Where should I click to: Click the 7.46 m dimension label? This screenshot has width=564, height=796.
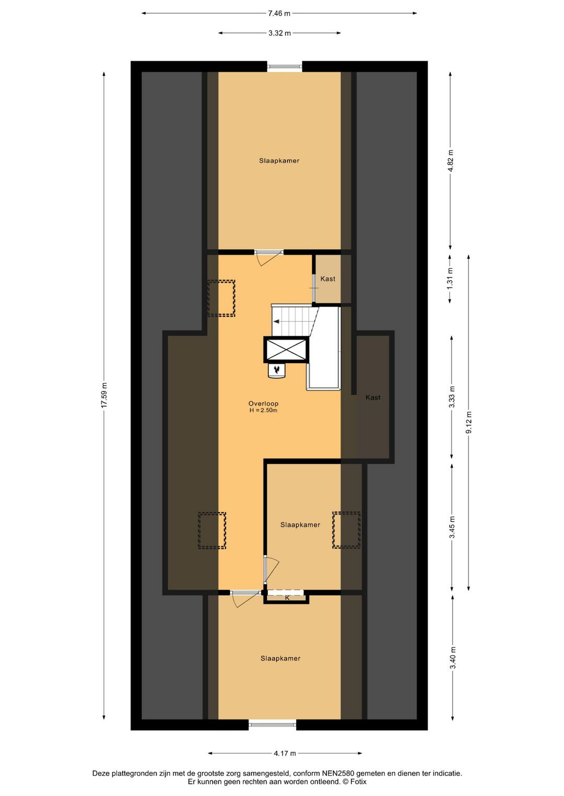click(279, 14)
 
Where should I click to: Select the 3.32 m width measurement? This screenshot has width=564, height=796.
click(279, 33)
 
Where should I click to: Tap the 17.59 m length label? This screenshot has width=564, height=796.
click(104, 395)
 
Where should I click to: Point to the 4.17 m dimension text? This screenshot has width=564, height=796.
click(285, 753)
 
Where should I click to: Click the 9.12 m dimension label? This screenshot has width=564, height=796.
click(469, 423)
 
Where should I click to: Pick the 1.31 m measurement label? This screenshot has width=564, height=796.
click(450, 278)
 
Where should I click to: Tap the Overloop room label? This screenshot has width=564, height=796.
click(263, 403)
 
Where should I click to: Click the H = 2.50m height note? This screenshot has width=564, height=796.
click(263, 411)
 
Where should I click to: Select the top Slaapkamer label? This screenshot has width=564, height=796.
click(279, 161)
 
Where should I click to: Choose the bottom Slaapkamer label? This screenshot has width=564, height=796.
click(280, 658)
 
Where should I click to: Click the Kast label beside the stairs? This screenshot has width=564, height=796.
click(328, 279)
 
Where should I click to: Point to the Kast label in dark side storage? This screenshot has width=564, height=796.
click(373, 397)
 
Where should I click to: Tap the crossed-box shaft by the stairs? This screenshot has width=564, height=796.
click(286, 349)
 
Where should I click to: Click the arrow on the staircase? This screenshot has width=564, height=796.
click(276, 321)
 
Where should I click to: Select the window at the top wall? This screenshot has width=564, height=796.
click(285, 66)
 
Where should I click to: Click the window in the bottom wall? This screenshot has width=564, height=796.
click(272, 724)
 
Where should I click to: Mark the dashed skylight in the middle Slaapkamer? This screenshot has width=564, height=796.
click(346, 530)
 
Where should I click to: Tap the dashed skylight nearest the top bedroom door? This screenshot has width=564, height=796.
click(221, 298)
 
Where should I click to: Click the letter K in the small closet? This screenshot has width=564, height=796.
click(287, 598)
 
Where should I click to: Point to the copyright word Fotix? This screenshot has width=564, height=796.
click(358, 781)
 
